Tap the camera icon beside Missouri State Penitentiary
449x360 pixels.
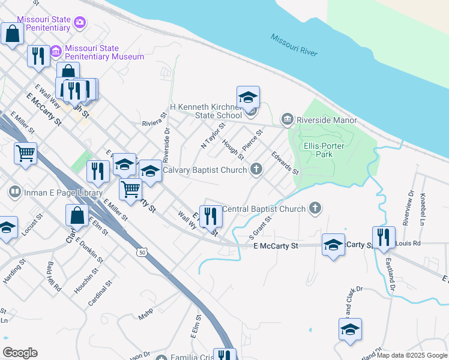coord(80,23)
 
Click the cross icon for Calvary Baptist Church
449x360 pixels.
coord(256,170)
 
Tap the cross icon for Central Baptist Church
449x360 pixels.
coord(315,209)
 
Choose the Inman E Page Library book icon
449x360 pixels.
coord(14,193)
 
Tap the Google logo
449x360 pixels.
coord(20,352)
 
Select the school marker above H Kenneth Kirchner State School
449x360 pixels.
coord(248,97)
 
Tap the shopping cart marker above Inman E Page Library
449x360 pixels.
coord(25,153)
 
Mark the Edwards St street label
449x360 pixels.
coord(285,163)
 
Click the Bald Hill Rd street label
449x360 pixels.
coord(52,277)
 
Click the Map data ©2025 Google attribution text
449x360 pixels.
coord(411,355)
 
